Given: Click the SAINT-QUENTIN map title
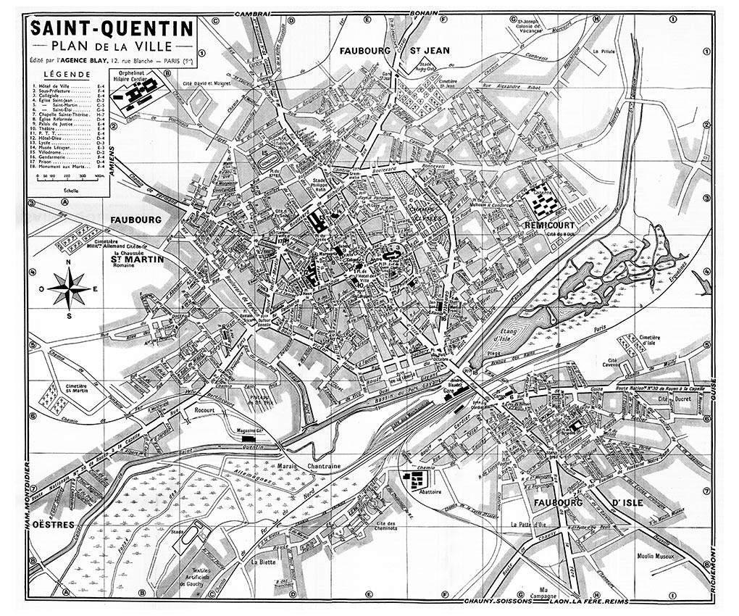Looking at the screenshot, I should [111, 29].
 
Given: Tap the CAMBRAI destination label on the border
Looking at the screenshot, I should [253, 14].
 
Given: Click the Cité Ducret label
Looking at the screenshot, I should [672, 399].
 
